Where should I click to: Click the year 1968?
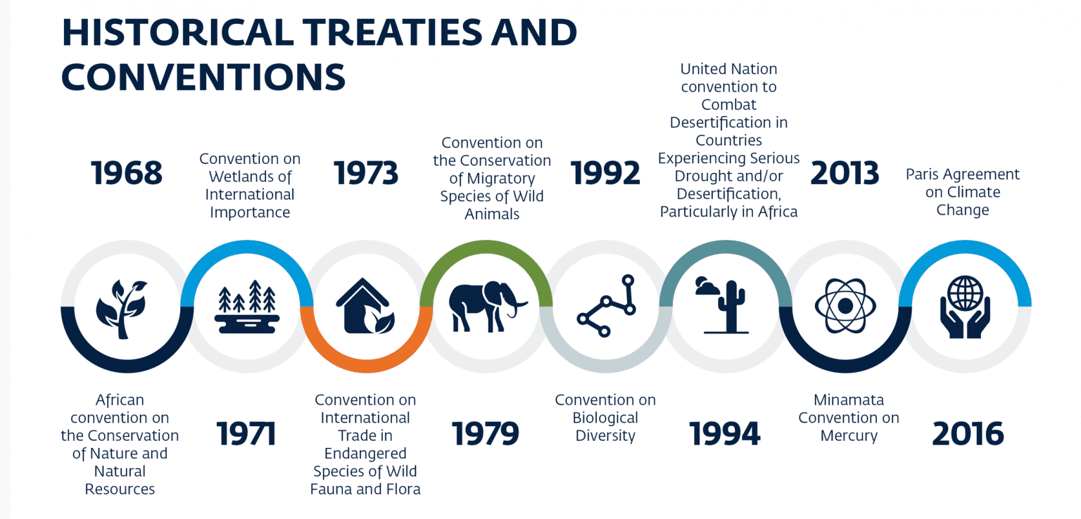127,174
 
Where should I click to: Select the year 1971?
246,433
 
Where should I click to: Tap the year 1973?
365,174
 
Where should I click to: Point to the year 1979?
485,433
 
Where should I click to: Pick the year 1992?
605,174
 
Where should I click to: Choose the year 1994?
725,433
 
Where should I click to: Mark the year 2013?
845,174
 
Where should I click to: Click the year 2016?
968,433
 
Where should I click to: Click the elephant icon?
487,307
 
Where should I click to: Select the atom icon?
845,306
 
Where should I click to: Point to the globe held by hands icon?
964,307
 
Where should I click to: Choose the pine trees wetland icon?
247,307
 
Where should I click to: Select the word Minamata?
848,400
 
